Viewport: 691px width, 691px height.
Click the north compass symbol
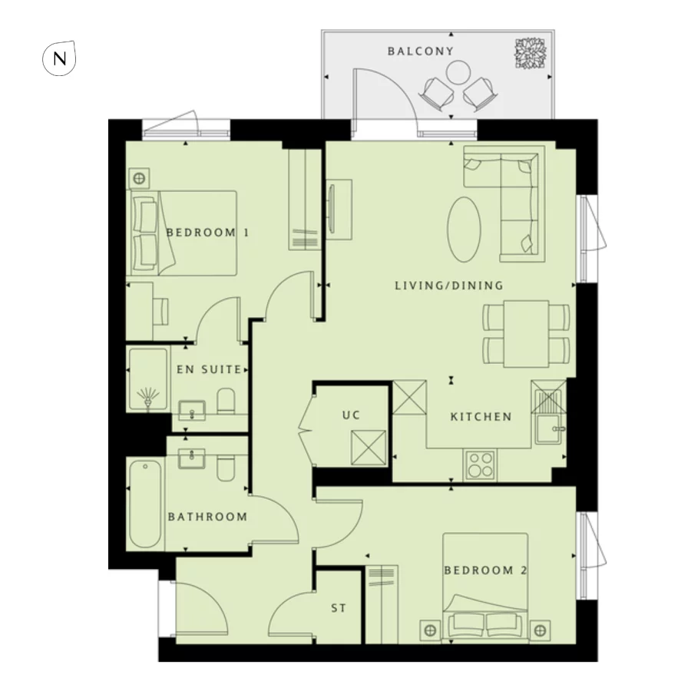[58, 58]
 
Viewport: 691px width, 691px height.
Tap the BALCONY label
[420, 51]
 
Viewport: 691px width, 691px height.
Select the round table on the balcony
[458, 74]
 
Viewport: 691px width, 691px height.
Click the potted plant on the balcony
[528, 52]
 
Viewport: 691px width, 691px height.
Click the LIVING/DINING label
[448, 286]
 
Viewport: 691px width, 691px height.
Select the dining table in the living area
[527, 332]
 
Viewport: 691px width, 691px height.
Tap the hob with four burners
[481, 465]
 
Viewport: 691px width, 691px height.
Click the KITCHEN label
[481, 417]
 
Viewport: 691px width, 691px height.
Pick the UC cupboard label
[351, 415]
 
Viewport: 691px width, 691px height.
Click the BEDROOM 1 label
[207, 232]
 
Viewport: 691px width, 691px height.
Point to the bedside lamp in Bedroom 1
[139, 179]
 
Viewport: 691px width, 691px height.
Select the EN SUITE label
[209, 369]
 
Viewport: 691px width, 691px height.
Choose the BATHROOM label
[207, 517]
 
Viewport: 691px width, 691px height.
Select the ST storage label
[339, 608]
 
